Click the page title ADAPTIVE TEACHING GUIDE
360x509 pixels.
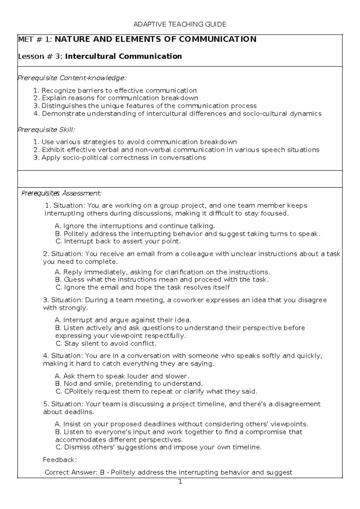[180, 24]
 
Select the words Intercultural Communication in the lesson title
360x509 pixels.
[123, 56]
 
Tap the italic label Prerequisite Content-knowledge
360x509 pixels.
[72, 78]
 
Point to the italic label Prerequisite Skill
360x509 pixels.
[46, 130]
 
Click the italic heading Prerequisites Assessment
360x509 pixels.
[61, 193]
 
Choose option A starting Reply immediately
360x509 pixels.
[162, 272]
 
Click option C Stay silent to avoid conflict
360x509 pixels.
[106, 344]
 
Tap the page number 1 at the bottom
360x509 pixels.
[180, 483]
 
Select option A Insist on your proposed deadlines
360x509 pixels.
[181, 424]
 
